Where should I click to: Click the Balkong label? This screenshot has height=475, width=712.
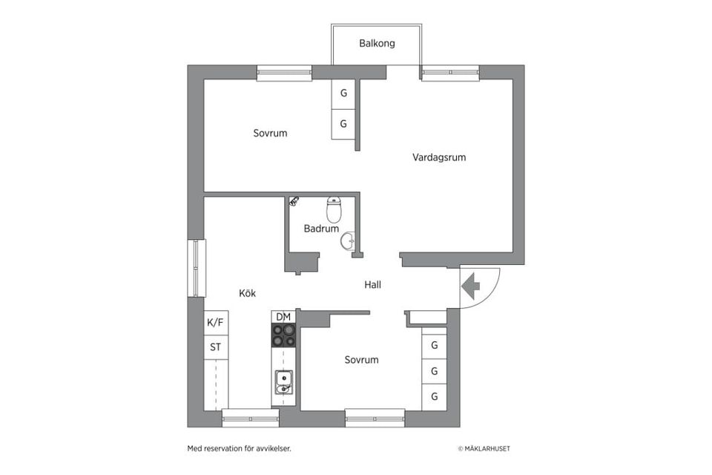(377, 43)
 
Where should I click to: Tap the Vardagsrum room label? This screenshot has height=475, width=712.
(439, 157)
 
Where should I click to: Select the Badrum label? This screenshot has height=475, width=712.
(321, 229)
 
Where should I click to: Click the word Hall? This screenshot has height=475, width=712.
(372, 284)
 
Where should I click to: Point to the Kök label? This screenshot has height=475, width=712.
(247, 293)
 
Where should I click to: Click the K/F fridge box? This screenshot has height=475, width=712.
(215, 323)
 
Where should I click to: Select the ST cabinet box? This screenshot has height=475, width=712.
(215, 347)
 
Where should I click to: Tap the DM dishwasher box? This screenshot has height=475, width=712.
(283, 317)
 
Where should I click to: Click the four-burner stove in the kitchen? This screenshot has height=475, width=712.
(283, 335)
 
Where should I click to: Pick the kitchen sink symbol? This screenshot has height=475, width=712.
(283, 382)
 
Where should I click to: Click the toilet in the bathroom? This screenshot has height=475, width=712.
(334, 210)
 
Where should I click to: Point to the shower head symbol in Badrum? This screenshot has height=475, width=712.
(294, 200)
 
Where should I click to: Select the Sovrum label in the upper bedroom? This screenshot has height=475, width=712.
(270, 134)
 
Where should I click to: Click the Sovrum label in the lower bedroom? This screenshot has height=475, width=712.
(361, 360)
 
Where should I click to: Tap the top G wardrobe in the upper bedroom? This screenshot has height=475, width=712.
(343, 94)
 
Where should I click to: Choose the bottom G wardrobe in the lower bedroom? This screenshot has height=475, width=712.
(434, 396)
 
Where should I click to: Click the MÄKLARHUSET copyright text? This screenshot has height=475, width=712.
(484, 448)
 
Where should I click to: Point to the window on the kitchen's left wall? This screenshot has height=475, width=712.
(197, 268)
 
